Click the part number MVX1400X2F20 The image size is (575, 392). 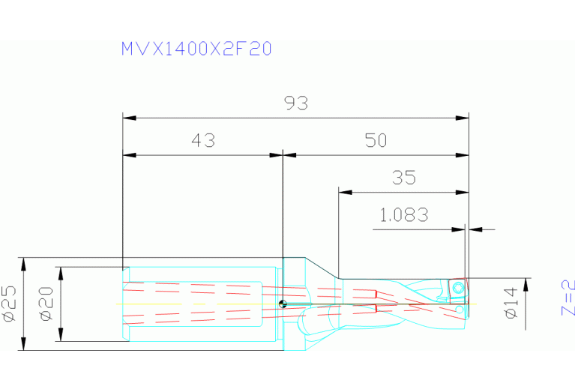tap(196, 49)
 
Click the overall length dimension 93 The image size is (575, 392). tap(297, 103)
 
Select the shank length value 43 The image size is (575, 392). tap(203, 140)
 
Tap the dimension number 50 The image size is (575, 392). tap(376, 140)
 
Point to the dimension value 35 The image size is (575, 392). tap(404, 178)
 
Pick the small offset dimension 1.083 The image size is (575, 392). tap(404, 216)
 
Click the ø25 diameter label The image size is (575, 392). tap(10, 304)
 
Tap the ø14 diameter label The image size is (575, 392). tap(512, 303)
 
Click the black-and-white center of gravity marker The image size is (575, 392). tap(282, 304)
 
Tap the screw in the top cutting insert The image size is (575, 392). tap(457, 286)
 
